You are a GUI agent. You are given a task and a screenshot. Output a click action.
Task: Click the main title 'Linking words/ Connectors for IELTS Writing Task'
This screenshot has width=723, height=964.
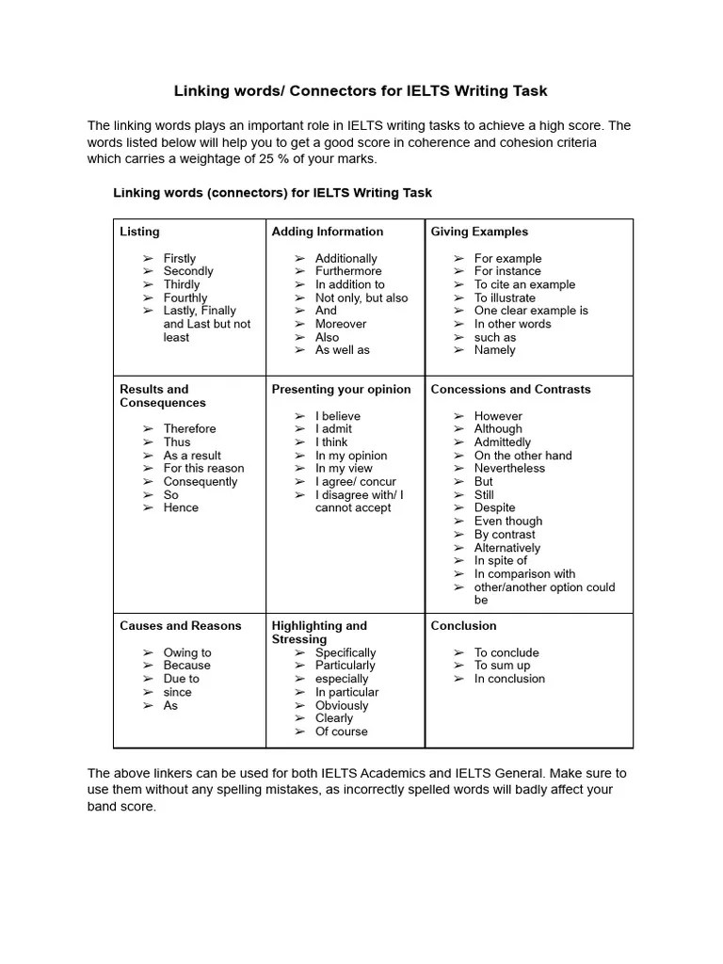pos(361,91)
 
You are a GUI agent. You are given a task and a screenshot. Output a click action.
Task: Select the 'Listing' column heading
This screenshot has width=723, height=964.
pos(139,232)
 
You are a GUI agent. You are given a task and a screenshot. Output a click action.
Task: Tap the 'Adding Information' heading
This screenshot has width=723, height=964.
pos(327,232)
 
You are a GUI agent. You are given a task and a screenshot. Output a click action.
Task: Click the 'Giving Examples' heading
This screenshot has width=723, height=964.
pos(479,232)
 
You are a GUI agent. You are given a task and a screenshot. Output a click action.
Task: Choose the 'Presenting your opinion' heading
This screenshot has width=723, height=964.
pos(341,389)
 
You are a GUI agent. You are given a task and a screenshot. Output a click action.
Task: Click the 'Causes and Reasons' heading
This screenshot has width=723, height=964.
pos(180,626)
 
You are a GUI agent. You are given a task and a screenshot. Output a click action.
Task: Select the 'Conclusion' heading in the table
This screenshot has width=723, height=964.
pos(463,626)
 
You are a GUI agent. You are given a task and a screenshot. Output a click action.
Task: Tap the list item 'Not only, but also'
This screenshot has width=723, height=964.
pos(361,297)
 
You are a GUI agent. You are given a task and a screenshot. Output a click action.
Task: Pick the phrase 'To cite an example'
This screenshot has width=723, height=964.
pos(524,284)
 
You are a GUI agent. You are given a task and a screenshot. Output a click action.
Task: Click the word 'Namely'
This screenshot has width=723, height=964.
pos(494,350)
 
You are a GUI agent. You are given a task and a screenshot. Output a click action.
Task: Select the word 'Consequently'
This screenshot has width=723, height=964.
pos(201,481)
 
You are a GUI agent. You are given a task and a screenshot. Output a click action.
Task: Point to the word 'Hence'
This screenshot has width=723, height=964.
pos(181,507)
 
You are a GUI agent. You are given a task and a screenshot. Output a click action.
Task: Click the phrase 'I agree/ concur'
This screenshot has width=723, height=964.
pos(355,481)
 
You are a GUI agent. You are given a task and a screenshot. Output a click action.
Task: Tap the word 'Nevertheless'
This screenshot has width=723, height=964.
pos(509,468)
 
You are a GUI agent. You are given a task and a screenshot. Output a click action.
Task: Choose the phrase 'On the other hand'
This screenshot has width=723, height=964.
pos(522,455)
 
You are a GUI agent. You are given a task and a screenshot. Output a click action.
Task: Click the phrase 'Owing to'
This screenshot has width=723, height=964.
pos(187,652)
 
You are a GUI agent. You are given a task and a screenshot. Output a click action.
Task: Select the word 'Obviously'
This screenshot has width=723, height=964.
pos(342,705)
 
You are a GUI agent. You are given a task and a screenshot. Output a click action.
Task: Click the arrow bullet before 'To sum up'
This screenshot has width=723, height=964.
pos(458,666)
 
